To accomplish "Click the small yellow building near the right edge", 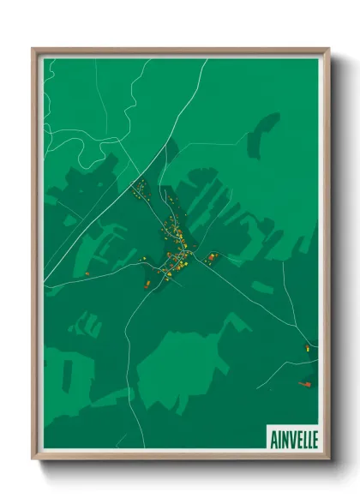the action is pyautogui.click(x=307, y=347).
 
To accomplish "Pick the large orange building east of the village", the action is pyautogui.click(x=211, y=256).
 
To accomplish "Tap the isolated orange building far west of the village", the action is pyautogui.click(x=87, y=273).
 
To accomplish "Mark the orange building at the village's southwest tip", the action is pyautogui.click(x=147, y=283).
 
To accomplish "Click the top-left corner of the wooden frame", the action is pyautogui.click(x=33, y=50).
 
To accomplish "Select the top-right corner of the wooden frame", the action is pyautogui.click(x=328, y=50).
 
